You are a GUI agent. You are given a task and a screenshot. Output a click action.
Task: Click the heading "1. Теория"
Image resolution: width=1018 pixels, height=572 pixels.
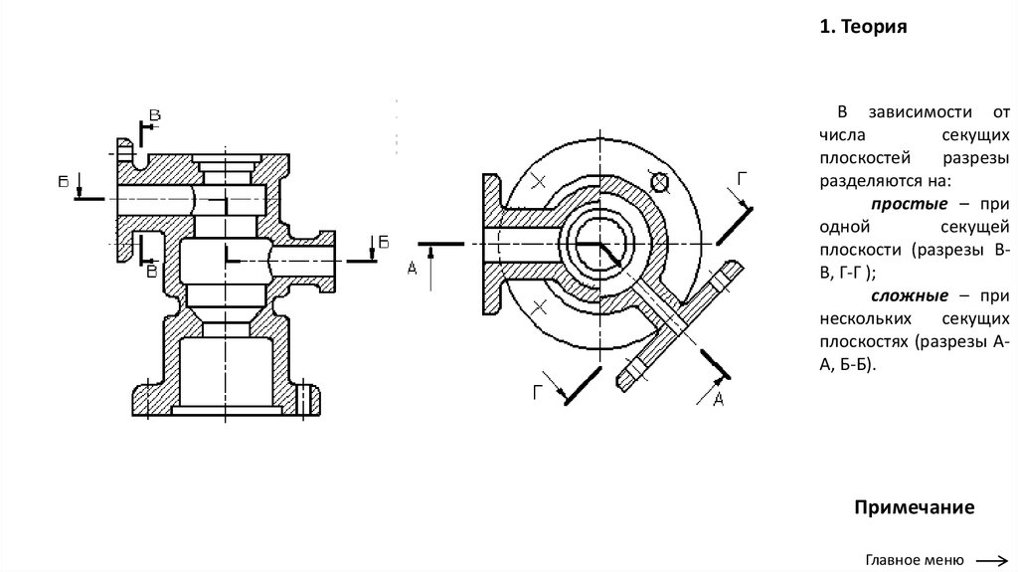(x=863, y=27)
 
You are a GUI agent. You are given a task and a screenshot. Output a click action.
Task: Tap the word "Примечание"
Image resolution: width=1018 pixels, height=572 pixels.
(x=915, y=507)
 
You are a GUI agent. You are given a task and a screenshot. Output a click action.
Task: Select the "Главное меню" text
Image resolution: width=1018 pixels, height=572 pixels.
(x=915, y=560)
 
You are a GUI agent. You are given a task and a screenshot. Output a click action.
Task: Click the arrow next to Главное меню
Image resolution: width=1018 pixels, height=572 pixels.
(x=992, y=560)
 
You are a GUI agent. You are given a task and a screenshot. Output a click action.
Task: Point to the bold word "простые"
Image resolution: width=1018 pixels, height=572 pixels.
(x=909, y=204)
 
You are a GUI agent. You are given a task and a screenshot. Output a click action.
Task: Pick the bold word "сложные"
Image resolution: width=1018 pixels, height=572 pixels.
(x=910, y=295)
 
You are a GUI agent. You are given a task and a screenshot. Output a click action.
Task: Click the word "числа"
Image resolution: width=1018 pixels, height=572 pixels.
(x=842, y=135)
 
